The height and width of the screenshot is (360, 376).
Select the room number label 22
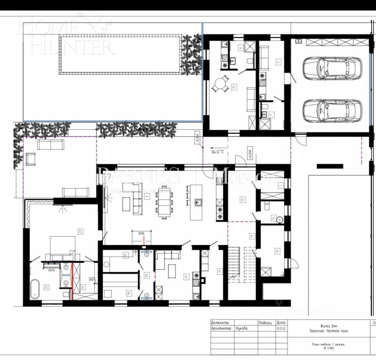tap(81, 232)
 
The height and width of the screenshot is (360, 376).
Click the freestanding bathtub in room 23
tap(34, 289)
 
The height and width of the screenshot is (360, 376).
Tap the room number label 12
tap(242, 199)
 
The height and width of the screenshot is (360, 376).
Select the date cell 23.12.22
tap(281, 328)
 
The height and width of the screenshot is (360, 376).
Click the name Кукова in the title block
tap(242, 328)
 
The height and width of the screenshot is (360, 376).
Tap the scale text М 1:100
tap(328, 348)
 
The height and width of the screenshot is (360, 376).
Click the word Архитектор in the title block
tap(221, 328)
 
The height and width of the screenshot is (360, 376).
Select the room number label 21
tap(186, 277)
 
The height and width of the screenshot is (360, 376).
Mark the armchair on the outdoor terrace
tap(31, 159)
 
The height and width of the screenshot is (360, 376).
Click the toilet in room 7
tap(264, 108)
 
